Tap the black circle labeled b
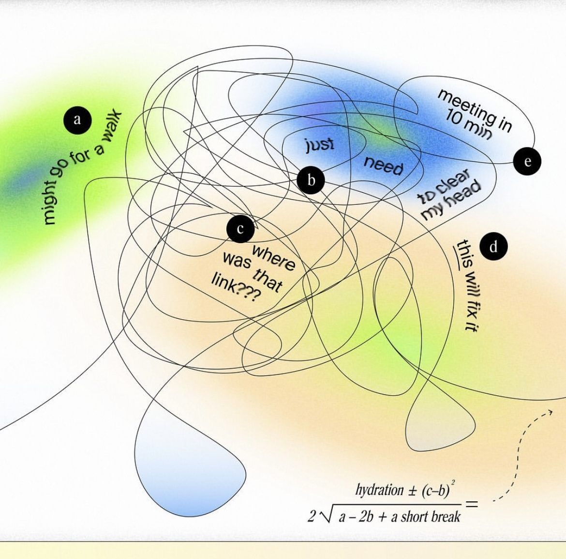(311, 180)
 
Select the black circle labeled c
(240, 229)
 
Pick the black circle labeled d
(493, 247)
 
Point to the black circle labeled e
(527, 161)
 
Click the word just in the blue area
(319, 144)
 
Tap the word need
(384, 165)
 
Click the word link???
(234, 289)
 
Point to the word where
(273, 258)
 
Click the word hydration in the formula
(379, 490)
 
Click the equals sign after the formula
(472, 504)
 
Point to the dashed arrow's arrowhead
(549, 413)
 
